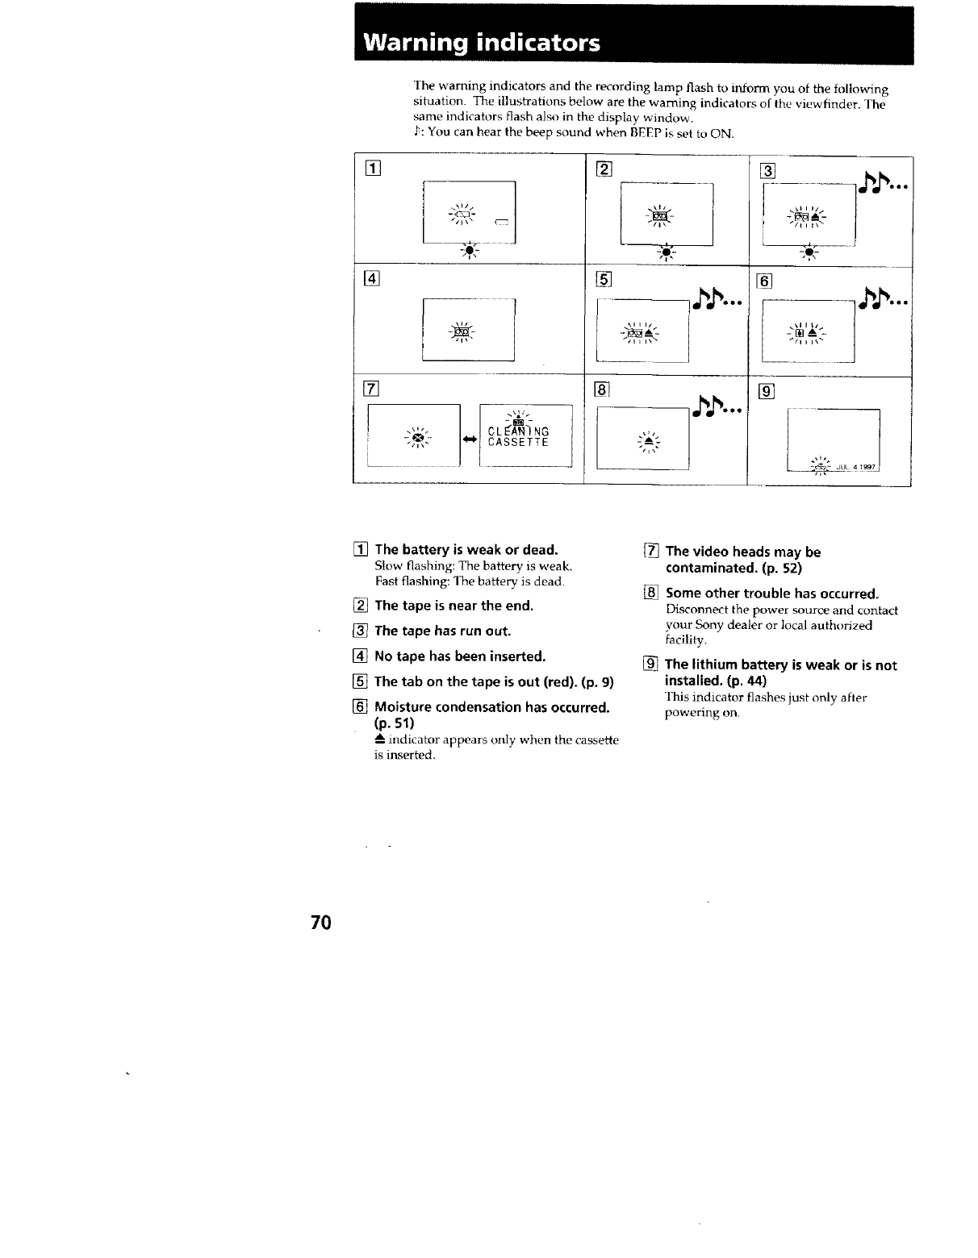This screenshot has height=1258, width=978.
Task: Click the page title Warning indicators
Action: point(482,43)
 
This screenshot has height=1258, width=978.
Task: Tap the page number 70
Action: point(320,923)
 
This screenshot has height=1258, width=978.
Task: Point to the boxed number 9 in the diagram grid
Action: point(767,393)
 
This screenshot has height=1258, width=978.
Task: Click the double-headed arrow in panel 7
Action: point(469,439)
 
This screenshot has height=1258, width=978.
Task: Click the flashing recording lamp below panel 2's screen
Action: point(666,253)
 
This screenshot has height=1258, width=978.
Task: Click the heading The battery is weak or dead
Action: point(466,550)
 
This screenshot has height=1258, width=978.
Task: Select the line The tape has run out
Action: point(442,631)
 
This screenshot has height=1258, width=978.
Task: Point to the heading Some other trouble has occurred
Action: point(771,594)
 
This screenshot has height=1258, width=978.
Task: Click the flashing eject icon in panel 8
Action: point(649,443)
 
